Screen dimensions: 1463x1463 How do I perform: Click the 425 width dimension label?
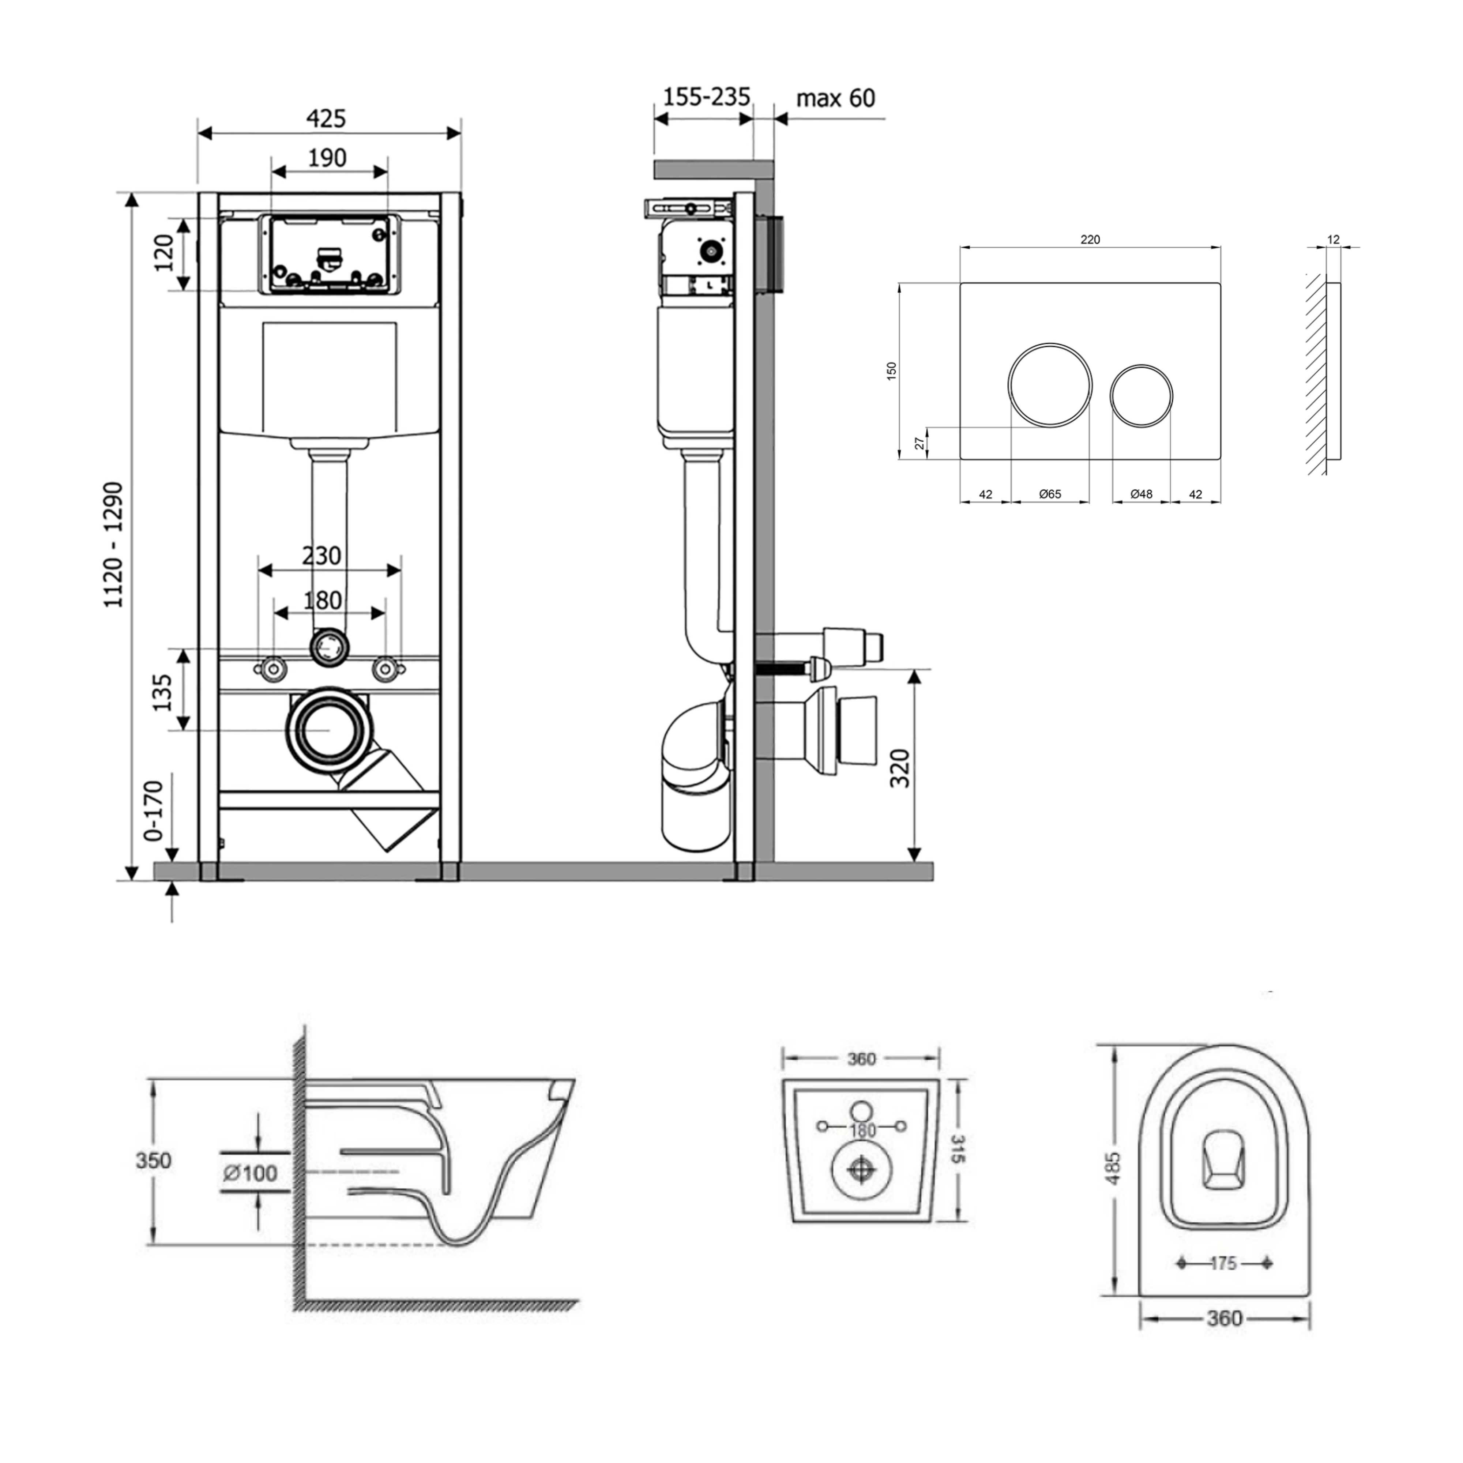(326, 119)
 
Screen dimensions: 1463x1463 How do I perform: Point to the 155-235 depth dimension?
(707, 97)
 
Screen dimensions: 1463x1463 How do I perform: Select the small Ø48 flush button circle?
(1142, 395)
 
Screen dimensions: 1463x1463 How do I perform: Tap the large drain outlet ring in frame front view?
(331, 729)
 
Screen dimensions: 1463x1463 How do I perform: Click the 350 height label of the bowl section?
(154, 1160)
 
